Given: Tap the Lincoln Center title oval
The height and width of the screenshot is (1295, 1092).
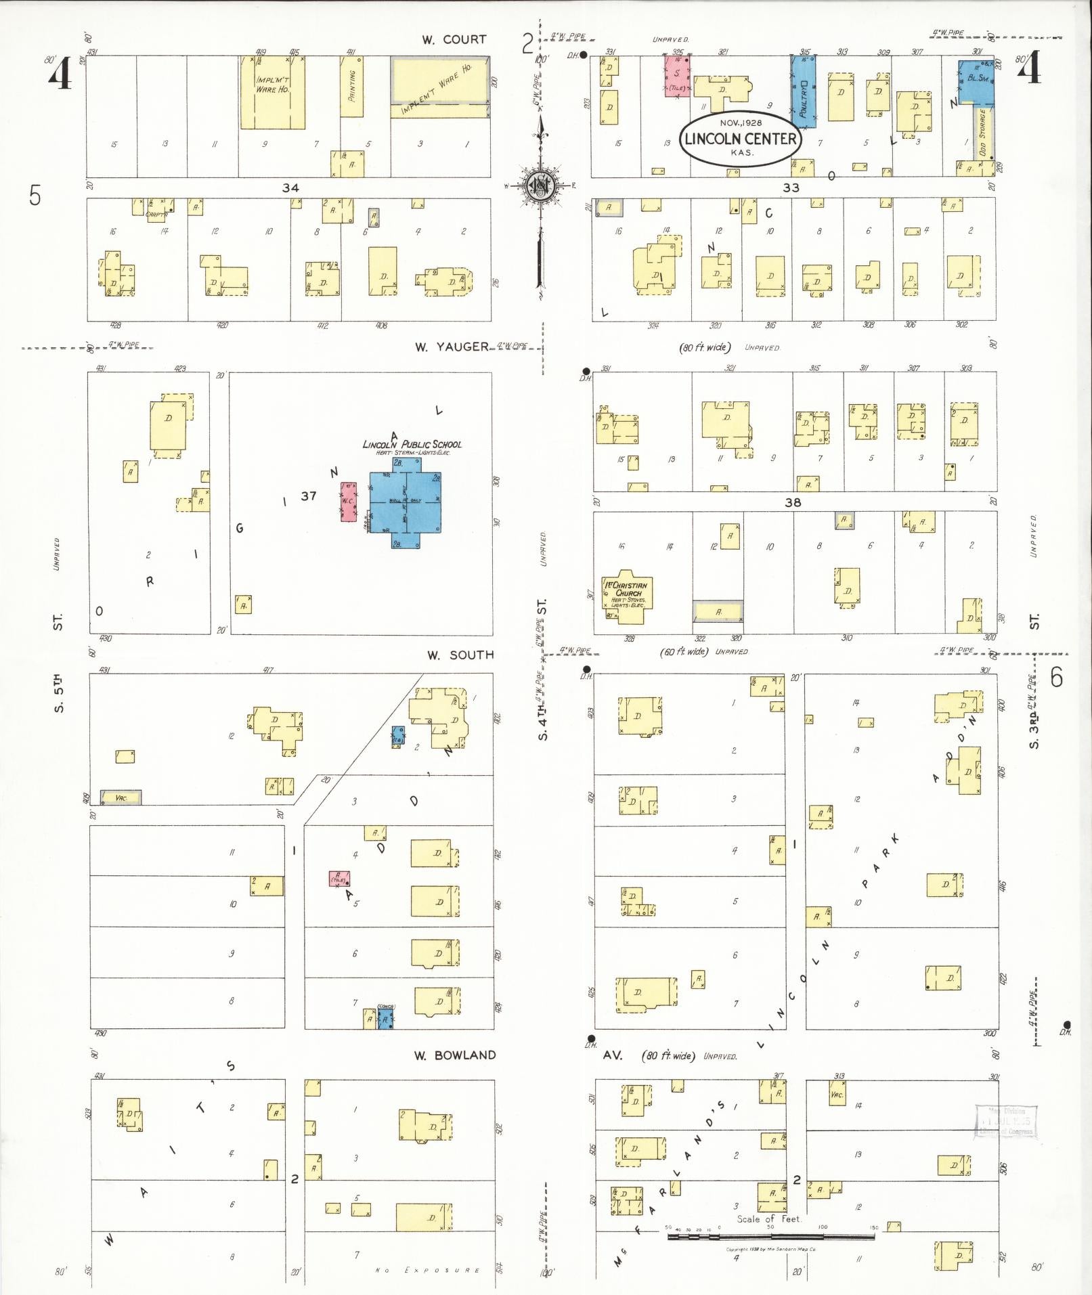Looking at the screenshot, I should point(740,139).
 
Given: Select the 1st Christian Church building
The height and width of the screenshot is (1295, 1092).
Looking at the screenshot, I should point(628,596).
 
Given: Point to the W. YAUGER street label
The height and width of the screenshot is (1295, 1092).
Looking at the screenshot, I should point(452,347).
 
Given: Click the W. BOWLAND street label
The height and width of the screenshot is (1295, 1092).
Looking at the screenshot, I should point(455,1055).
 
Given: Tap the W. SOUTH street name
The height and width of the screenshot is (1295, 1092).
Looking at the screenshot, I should point(460,655).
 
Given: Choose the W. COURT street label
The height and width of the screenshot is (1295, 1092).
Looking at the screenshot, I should point(454,40).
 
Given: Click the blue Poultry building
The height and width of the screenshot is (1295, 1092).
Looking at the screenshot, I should point(804,91).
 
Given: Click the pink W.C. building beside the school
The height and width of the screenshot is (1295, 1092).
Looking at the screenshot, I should point(348,502).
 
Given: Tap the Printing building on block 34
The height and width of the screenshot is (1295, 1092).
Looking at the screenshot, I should point(351,87).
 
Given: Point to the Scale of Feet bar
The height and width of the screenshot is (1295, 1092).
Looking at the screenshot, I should point(771,1237).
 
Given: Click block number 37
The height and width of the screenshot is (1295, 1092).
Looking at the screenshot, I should point(309,496).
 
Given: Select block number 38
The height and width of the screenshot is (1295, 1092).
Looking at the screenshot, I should point(793,502).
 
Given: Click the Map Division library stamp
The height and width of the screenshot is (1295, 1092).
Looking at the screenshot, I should point(1007,1123).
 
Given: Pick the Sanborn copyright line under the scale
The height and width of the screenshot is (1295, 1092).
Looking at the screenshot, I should point(770,1250).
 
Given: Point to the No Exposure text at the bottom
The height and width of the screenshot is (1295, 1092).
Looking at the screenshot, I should point(427,1271).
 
